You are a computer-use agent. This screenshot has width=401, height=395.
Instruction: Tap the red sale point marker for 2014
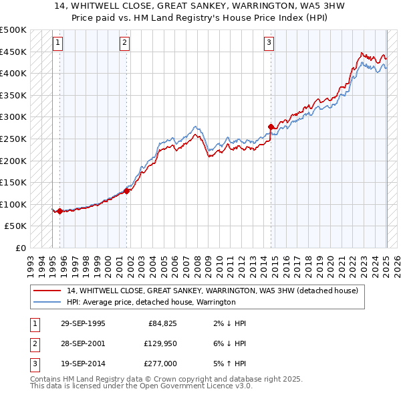[x=271, y=127]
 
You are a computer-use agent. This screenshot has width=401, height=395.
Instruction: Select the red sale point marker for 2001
[x=127, y=191]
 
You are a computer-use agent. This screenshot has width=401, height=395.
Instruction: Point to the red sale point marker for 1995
[x=59, y=211]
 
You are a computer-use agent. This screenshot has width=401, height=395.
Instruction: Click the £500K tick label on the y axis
[x=13, y=30]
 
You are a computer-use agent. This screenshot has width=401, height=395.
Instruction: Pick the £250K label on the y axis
[x=13, y=139]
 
